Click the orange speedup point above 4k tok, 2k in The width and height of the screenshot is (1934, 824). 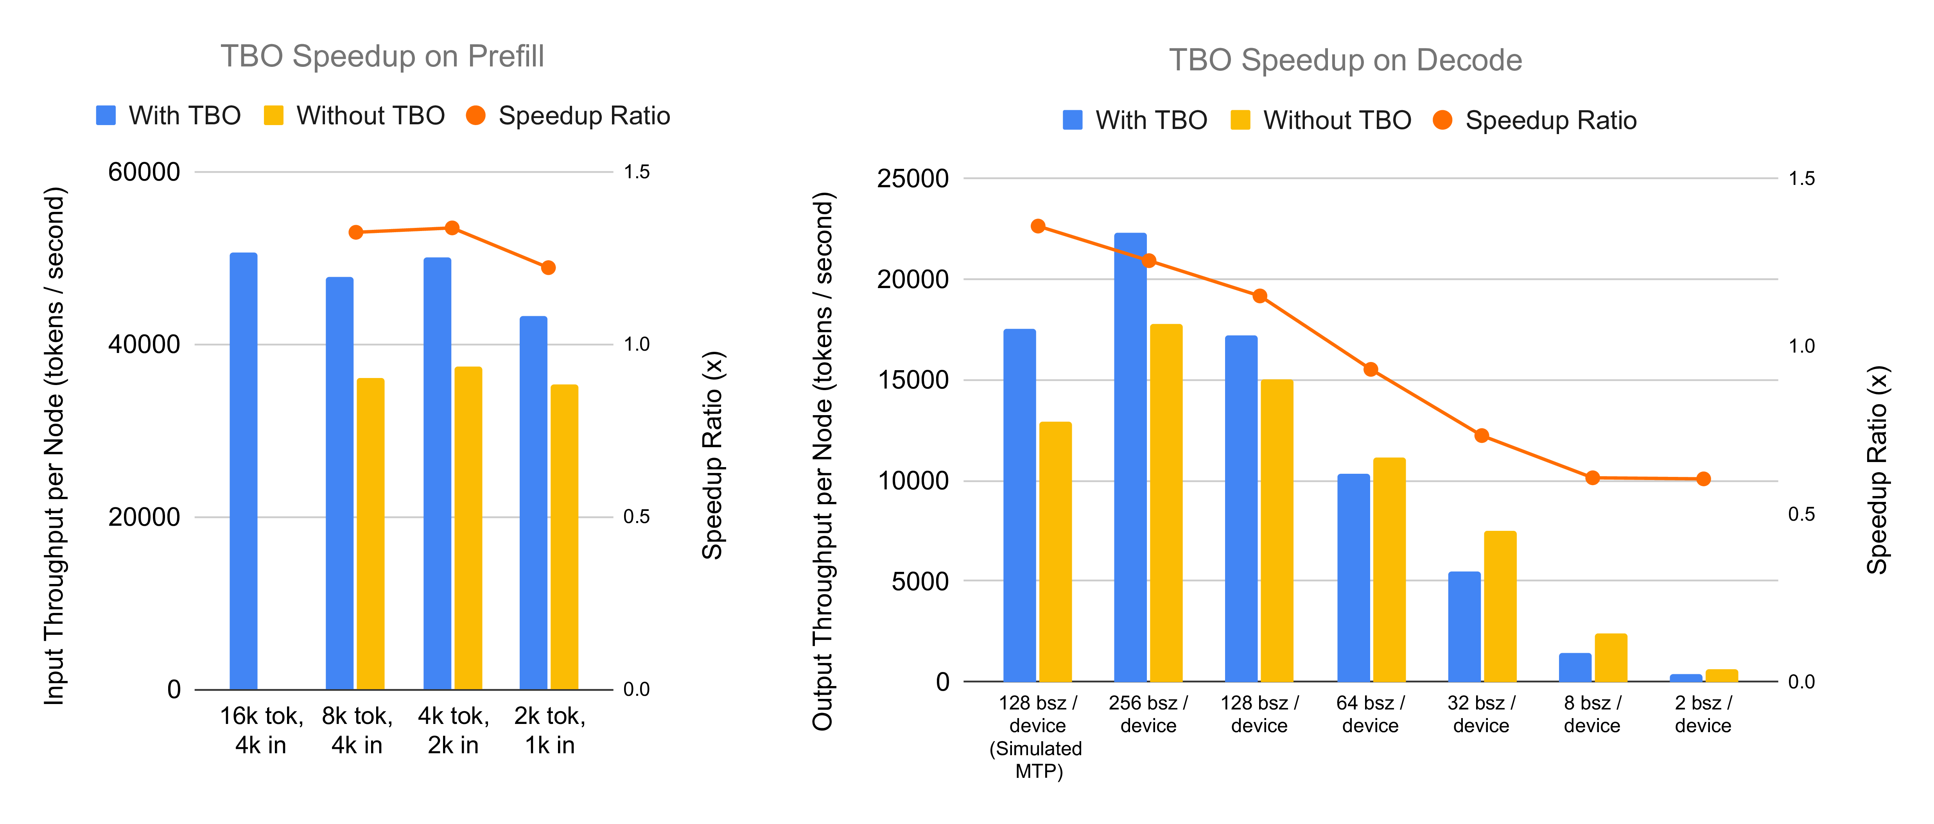(x=452, y=228)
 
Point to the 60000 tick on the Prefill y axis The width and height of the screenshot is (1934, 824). (x=144, y=172)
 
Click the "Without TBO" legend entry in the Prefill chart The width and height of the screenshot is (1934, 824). (x=354, y=116)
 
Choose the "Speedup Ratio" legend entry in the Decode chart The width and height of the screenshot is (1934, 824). (x=1535, y=120)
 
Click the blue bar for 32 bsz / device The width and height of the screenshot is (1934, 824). (x=1464, y=627)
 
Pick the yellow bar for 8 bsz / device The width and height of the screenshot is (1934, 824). (x=1610, y=657)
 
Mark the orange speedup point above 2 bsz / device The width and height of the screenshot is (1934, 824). (x=1703, y=479)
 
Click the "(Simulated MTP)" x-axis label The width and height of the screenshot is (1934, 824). (x=1037, y=760)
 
